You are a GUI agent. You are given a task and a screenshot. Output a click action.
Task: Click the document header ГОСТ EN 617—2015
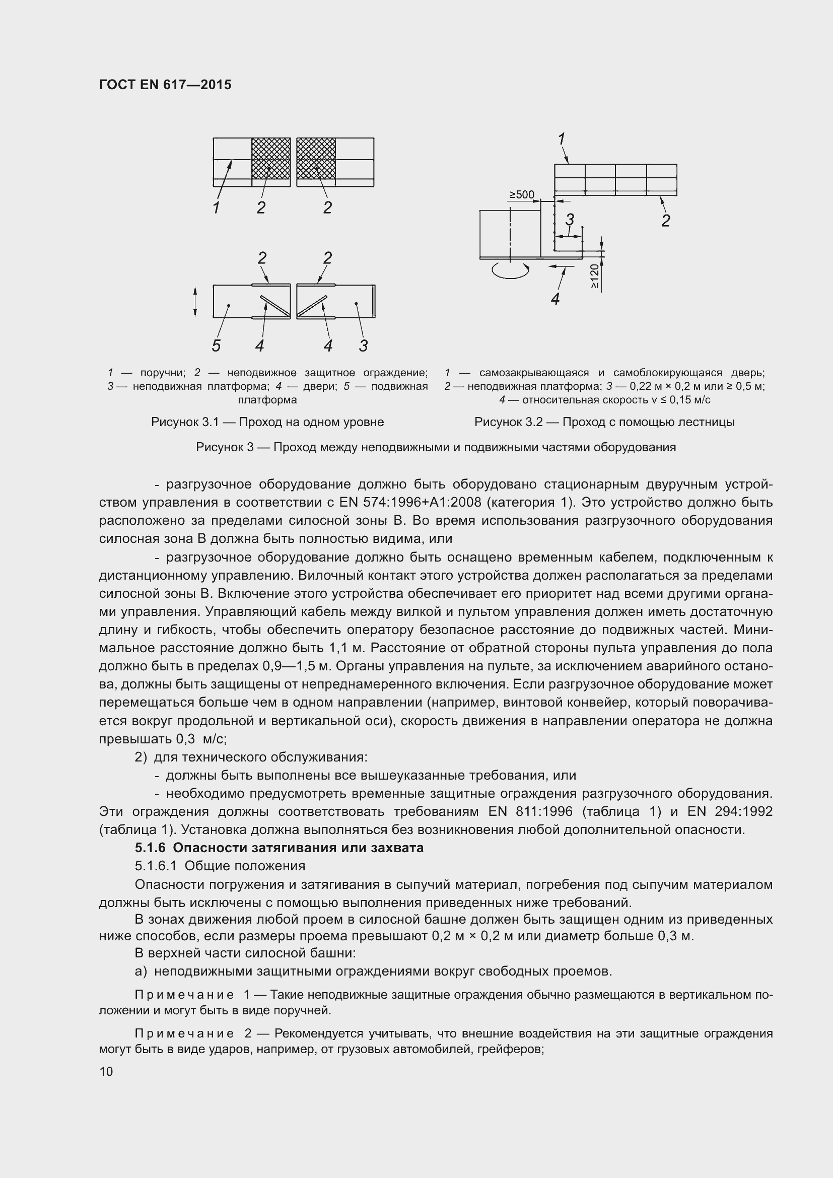click(x=165, y=85)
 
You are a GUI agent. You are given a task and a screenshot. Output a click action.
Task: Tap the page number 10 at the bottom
click(x=106, y=1071)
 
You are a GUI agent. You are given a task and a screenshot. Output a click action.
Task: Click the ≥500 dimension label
click(x=521, y=195)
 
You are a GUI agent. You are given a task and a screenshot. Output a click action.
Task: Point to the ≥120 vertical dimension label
click(x=594, y=276)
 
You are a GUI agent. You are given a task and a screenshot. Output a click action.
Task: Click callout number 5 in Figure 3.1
click(x=216, y=346)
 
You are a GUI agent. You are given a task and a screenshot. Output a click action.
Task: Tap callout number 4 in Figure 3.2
click(x=555, y=299)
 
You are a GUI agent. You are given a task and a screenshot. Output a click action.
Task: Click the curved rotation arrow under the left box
click(x=510, y=270)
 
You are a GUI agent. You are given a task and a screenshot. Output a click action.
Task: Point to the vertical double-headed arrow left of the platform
click(x=195, y=302)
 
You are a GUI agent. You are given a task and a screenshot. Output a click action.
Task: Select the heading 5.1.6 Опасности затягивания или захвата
click(x=279, y=848)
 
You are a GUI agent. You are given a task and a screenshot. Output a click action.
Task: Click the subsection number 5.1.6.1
click(x=156, y=866)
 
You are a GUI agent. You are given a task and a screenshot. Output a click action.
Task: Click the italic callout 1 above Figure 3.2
click(x=561, y=138)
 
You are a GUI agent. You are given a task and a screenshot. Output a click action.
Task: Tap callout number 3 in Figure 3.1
click(x=363, y=346)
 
